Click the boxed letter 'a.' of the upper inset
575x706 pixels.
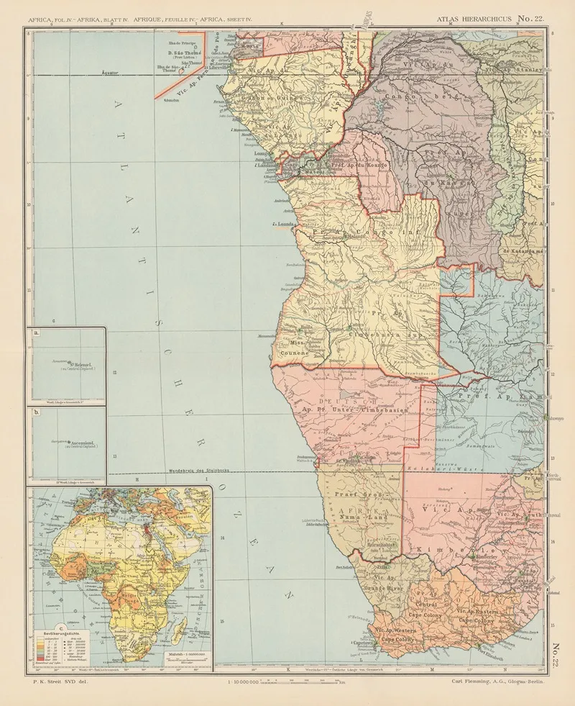37,334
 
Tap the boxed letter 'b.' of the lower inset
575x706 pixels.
37,412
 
